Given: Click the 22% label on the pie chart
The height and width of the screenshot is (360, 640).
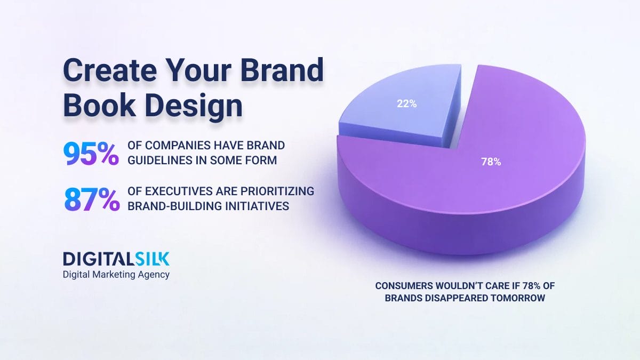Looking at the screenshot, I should [406, 104].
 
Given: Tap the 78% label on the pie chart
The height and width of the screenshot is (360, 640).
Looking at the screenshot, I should [491, 162].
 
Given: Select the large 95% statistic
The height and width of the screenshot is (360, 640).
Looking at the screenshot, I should [91, 153].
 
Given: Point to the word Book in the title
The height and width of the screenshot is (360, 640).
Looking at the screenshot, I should [97, 106].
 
